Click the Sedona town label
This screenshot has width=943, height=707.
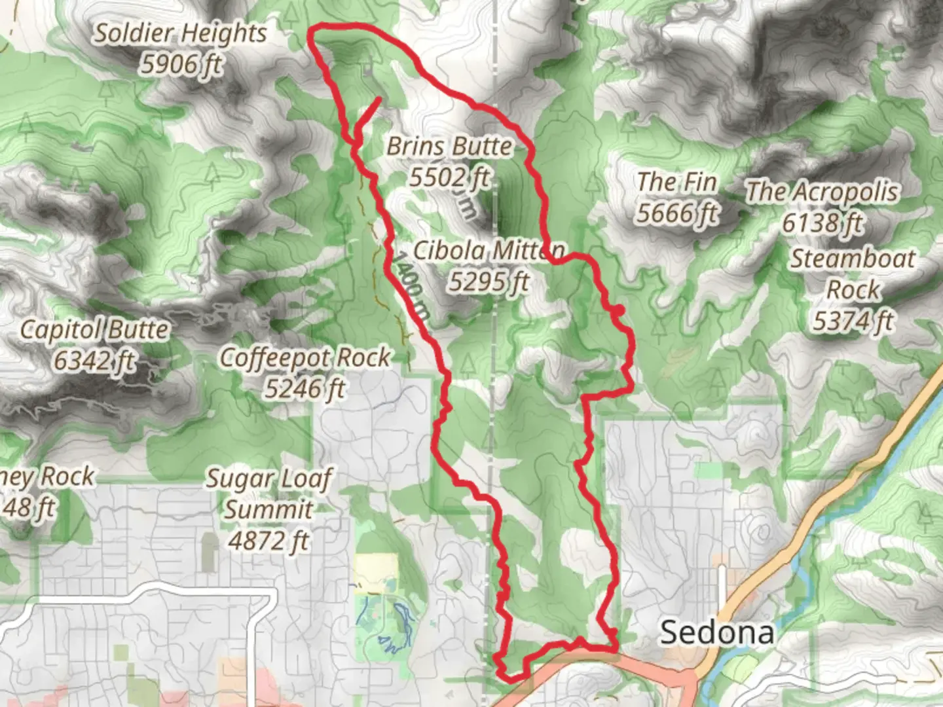click(x=716, y=632)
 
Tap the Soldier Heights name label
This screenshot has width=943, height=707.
click(x=180, y=33)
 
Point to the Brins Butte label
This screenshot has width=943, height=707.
click(x=449, y=146)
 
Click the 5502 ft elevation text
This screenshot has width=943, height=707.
click(x=449, y=177)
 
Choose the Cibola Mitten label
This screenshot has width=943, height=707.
click(x=489, y=250)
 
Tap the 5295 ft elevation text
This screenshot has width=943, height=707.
click(x=489, y=281)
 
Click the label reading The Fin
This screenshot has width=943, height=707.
click(x=677, y=181)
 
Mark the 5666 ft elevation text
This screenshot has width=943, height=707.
click(x=677, y=213)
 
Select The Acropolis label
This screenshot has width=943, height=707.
click(x=823, y=192)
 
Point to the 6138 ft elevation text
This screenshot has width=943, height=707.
click(x=823, y=223)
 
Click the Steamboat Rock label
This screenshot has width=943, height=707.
click(x=853, y=274)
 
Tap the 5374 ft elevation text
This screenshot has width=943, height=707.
click(x=853, y=321)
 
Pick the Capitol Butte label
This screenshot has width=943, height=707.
click(x=94, y=329)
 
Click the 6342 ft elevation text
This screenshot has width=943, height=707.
click(x=94, y=360)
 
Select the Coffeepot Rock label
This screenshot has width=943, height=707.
click(x=305, y=357)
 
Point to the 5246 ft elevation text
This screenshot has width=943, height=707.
click(x=305, y=389)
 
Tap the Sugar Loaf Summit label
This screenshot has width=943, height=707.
click(x=269, y=494)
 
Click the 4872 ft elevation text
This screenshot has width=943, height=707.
click(x=269, y=541)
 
